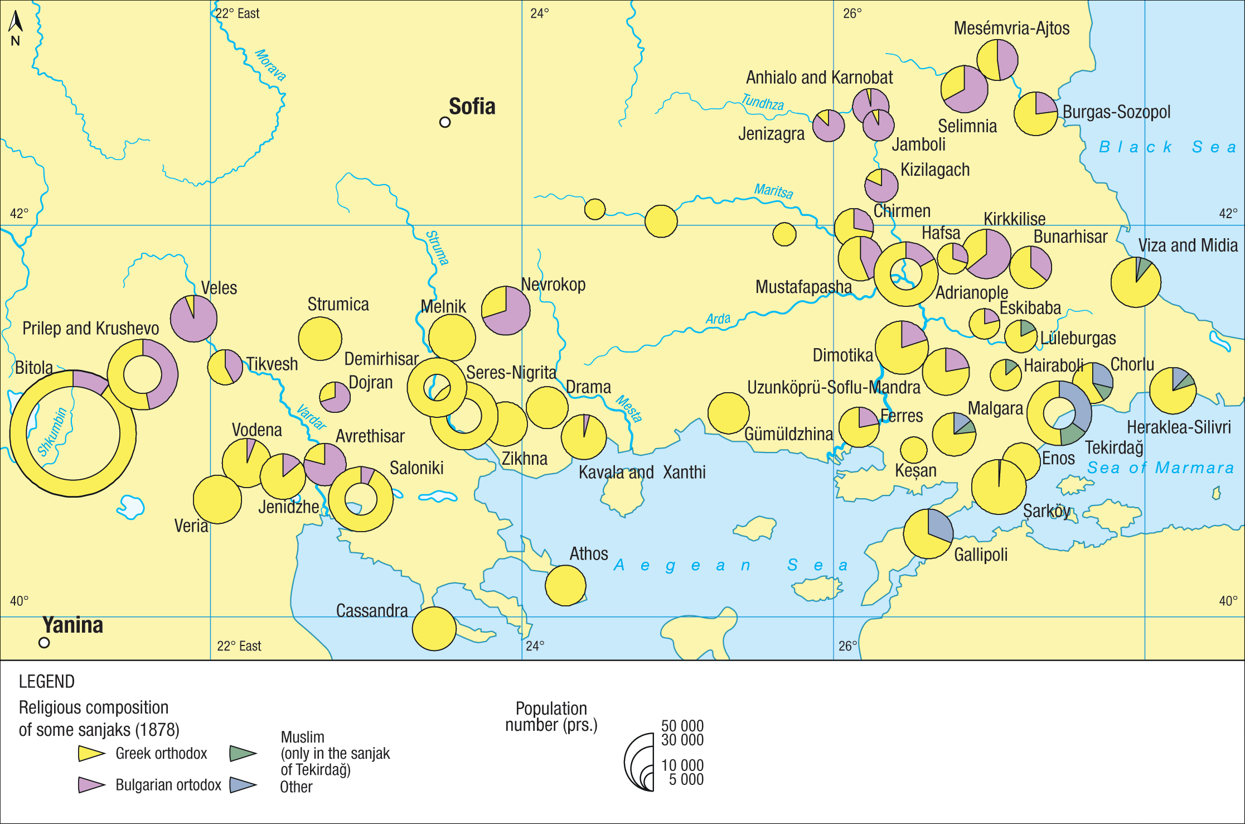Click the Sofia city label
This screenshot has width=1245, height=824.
tap(472, 107)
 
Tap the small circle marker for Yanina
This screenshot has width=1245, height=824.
tap(44, 643)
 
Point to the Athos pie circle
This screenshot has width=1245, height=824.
tap(565, 585)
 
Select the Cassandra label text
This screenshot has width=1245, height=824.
tap(372, 611)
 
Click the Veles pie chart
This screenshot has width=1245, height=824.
tap(193, 319)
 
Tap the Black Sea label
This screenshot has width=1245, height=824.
tap(1167, 147)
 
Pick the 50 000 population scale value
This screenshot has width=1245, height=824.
tap(682, 726)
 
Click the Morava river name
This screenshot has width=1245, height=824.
tap(270, 65)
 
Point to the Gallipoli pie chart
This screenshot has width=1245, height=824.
tap(928, 533)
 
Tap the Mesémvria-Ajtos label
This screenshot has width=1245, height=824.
tap(1011, 28)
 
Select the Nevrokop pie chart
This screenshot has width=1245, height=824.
tap(506, 311)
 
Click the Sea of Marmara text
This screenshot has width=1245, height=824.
tap(1161, 468)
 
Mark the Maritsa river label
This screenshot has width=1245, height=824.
tap(773, 191)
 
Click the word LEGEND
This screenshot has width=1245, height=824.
tap(47, 682)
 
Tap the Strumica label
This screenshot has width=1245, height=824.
tap(338, 305)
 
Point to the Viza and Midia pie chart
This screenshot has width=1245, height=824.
tap(1136, 282)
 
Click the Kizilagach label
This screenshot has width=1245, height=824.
tap(935, 170)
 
